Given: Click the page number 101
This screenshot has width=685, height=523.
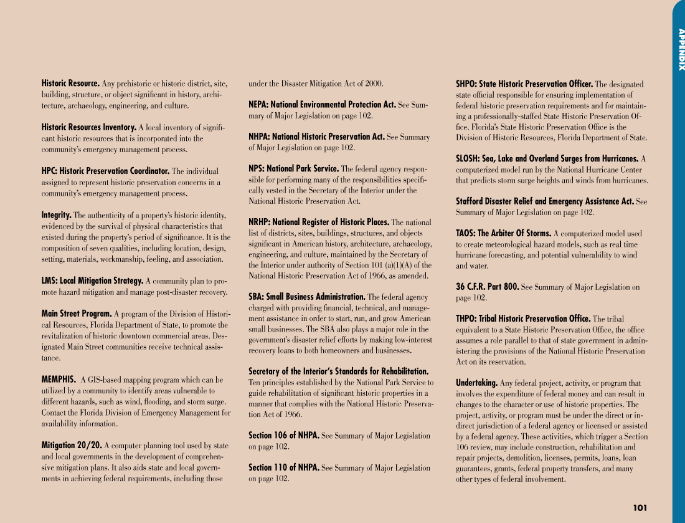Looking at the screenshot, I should [x=640, y=508].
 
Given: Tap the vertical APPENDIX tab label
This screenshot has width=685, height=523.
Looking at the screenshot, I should [x=681, y=50].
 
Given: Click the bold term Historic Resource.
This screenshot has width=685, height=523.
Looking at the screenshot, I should [x=70, y=84].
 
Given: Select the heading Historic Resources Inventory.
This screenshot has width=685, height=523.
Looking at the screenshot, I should [x=89, y=127].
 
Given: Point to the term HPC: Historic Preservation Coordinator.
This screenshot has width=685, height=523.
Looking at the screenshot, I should [x=105, y=171].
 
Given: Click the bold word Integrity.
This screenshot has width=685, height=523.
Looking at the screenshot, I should [x=56, y=215].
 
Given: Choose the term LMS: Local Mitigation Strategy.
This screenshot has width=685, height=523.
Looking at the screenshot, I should [x=93, y=281].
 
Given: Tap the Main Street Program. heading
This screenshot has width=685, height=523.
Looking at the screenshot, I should [x=77, y=314].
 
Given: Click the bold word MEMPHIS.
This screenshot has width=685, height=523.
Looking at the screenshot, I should [x=59, y=380].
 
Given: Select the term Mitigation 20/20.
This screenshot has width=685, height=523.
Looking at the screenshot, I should [x=72, y=445].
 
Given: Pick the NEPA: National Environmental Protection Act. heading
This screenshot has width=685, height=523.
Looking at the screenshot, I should [x=322, y=105].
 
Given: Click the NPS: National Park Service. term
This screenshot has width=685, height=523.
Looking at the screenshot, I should [x=293, y=169].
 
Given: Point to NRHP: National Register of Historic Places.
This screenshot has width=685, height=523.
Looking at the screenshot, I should [x=319, y=222].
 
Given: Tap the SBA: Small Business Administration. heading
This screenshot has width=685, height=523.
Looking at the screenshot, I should [x=307, y=297].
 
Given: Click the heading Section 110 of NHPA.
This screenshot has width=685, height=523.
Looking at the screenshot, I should [x=284, y=468].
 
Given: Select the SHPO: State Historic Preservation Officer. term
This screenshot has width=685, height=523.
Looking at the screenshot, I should [x=524, y=84].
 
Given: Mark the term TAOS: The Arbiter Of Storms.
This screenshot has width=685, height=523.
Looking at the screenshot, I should [x=503, y=234].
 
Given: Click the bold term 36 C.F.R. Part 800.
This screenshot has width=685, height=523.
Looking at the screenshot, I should [x=488, y=287].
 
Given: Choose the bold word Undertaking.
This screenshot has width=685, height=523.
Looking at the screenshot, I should [x=476, y=383].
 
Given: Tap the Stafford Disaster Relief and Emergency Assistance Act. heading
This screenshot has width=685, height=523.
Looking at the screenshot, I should [x=545, y=201].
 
